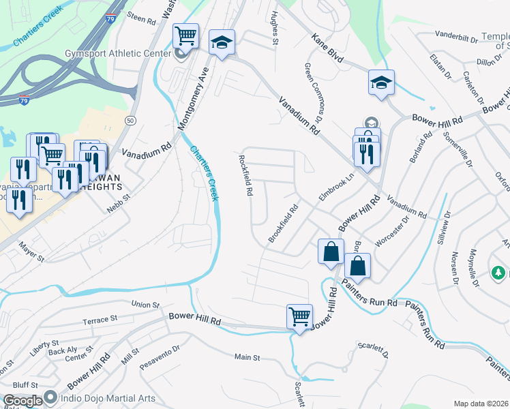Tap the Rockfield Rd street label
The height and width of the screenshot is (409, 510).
[245, 175]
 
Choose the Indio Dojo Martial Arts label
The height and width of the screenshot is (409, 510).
[108, 398]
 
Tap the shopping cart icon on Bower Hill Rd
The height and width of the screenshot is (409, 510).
[299, 316]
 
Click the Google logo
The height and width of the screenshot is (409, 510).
[22, 400]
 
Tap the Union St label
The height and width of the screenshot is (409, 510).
[145, 305]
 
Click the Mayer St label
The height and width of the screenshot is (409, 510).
[31, 254]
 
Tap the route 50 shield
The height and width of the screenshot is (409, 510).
[130, 120]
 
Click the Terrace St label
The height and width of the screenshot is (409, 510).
[100, 318]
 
